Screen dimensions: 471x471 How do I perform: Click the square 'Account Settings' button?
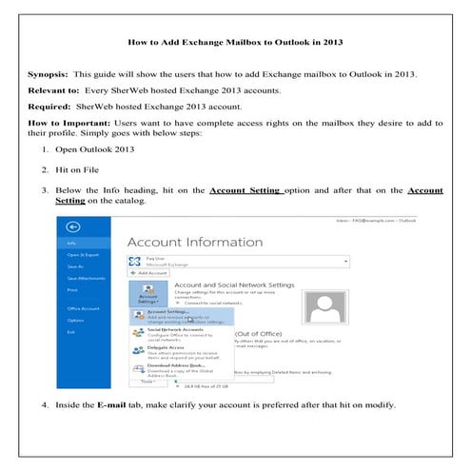pos(147,292)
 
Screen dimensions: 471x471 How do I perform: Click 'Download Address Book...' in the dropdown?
pos(175,366)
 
